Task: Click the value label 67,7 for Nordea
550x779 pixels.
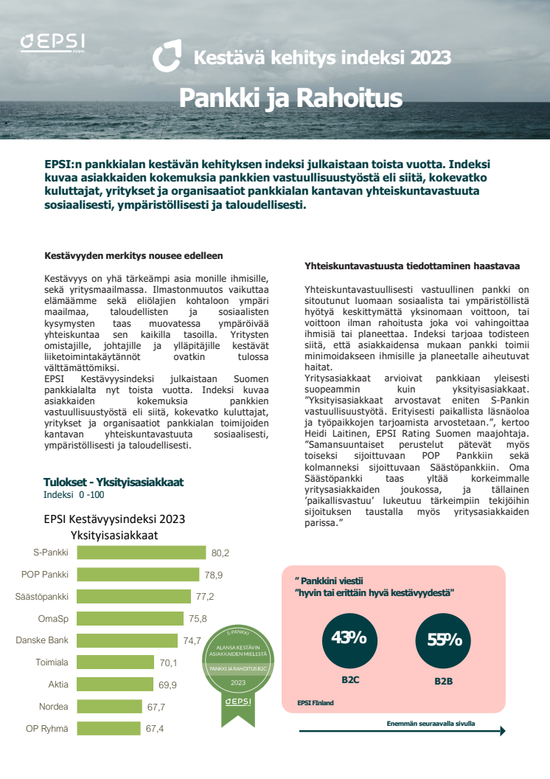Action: click(156, 707)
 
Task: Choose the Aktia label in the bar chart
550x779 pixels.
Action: click(58, 685)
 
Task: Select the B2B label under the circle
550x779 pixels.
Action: click(443, 681)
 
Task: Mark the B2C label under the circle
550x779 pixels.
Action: click(349, 680)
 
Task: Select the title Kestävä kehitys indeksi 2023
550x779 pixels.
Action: click(321, 57)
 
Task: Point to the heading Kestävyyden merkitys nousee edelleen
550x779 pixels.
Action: click(133, 256)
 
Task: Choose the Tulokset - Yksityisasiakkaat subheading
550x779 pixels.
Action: click(113, 482)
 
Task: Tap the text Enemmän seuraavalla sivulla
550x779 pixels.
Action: click(431, 724)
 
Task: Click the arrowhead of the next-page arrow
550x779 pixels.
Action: click(502, 731)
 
